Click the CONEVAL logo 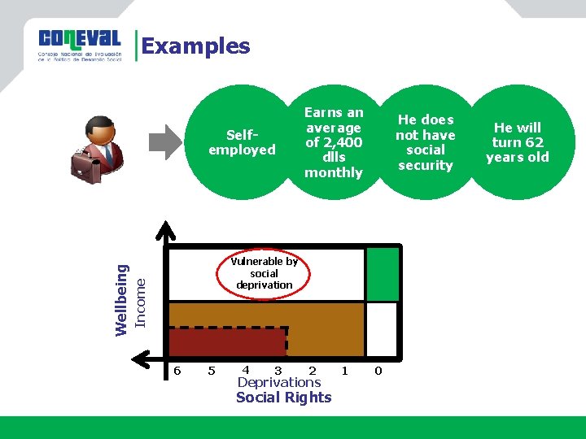79,44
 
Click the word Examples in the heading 196,46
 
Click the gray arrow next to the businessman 169,141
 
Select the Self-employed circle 242,143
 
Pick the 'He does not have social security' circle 425,142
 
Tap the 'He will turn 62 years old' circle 517,142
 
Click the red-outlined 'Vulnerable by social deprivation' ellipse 264,273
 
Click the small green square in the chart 382,274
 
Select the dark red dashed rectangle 228,341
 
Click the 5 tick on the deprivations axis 212,371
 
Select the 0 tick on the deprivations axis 378,371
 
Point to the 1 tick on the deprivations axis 345,371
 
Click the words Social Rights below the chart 283,398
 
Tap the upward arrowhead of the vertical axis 166,230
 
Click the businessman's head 100,130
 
